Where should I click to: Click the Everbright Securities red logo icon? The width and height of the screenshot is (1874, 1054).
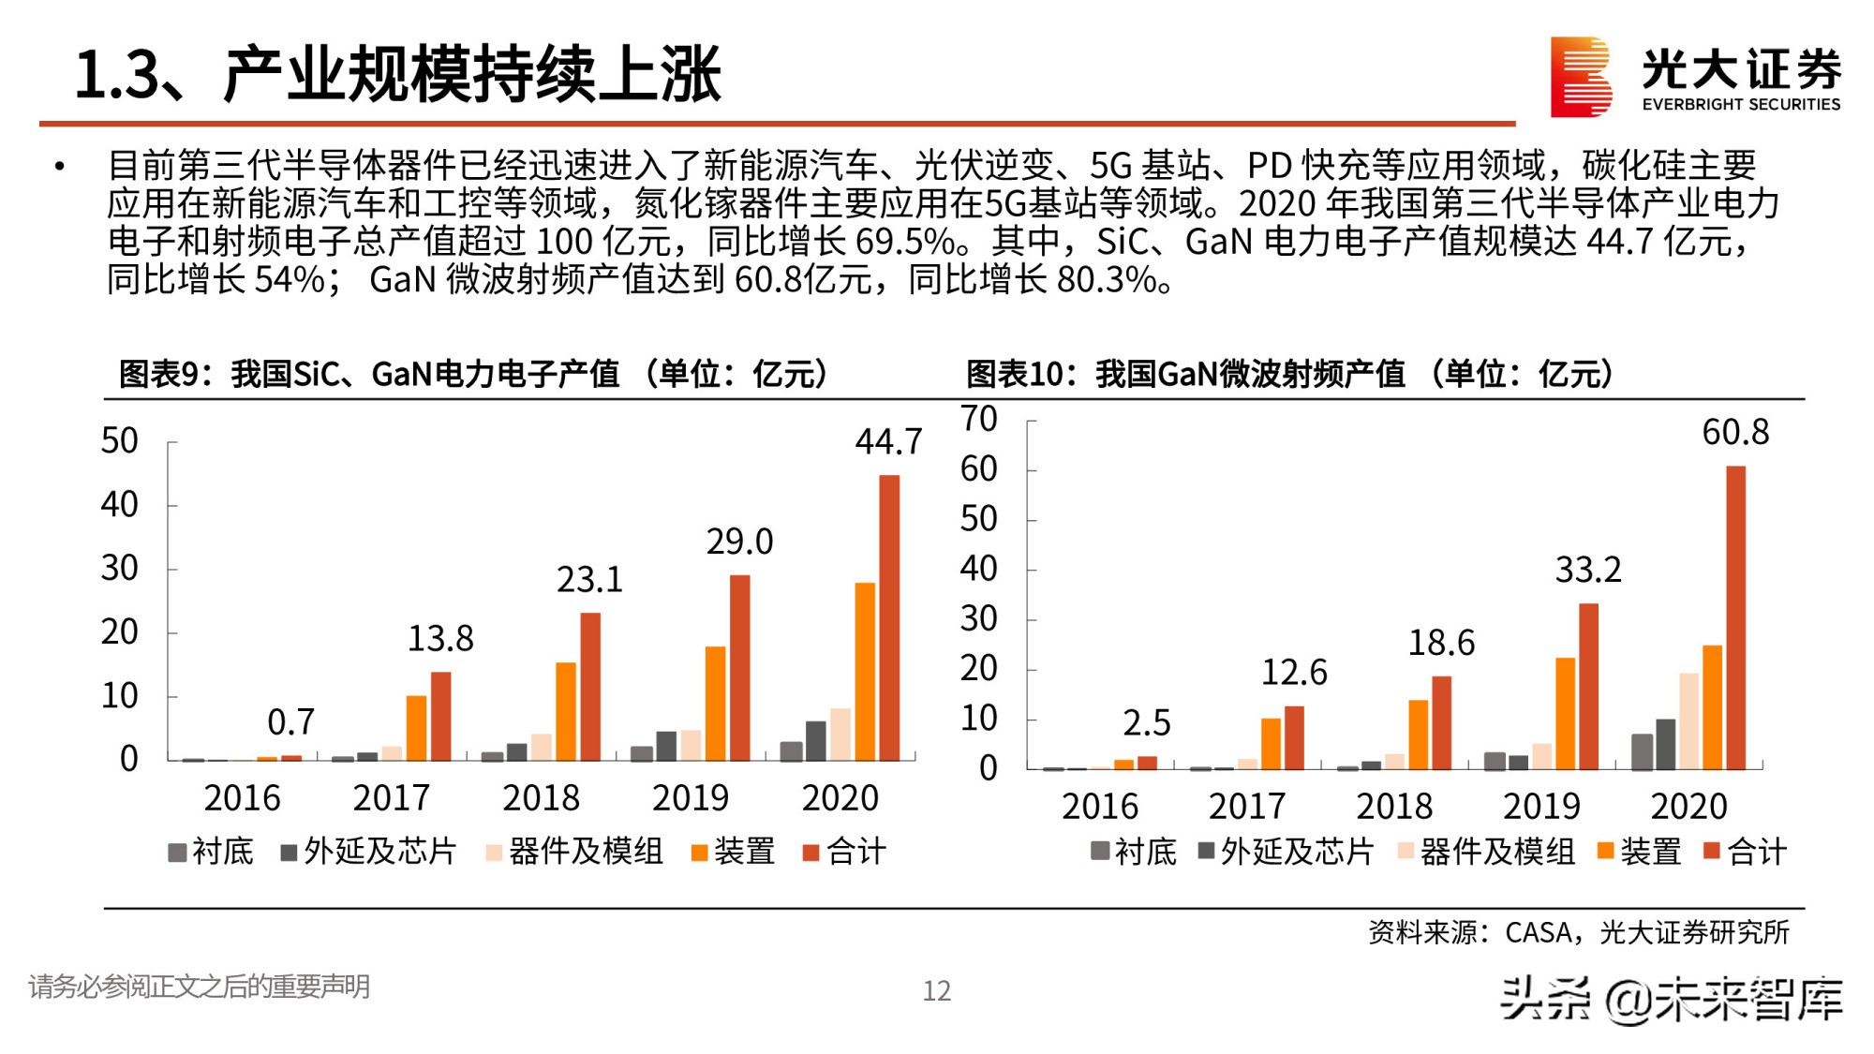coord(1580,77)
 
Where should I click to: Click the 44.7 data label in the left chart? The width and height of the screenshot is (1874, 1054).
coord(888,441)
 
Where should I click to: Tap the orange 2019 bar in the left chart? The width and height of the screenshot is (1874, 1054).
coord(715,703)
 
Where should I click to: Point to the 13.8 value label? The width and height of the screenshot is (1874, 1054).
coord(440,639)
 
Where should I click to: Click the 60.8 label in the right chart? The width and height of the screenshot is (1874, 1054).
coord(1735,432)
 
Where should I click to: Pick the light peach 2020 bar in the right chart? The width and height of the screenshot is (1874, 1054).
coord(1688,720)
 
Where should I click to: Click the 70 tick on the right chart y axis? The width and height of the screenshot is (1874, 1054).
coord(979,419)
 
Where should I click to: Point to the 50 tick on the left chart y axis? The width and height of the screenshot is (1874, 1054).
coord(120,441)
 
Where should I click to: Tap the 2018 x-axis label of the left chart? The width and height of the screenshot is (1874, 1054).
coord(541,798)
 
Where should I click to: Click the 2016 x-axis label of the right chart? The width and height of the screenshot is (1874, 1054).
coord(1099,807)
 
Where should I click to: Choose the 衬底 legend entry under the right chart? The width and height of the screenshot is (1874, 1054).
coord(1134,852)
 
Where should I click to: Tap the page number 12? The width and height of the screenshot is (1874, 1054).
coord(936,990)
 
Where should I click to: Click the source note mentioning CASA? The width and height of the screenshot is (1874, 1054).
coord(1578,932)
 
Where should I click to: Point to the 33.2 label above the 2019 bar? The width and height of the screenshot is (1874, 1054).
coord(1587,570)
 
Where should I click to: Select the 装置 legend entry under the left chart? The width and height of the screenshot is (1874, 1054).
coord(734,852)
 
